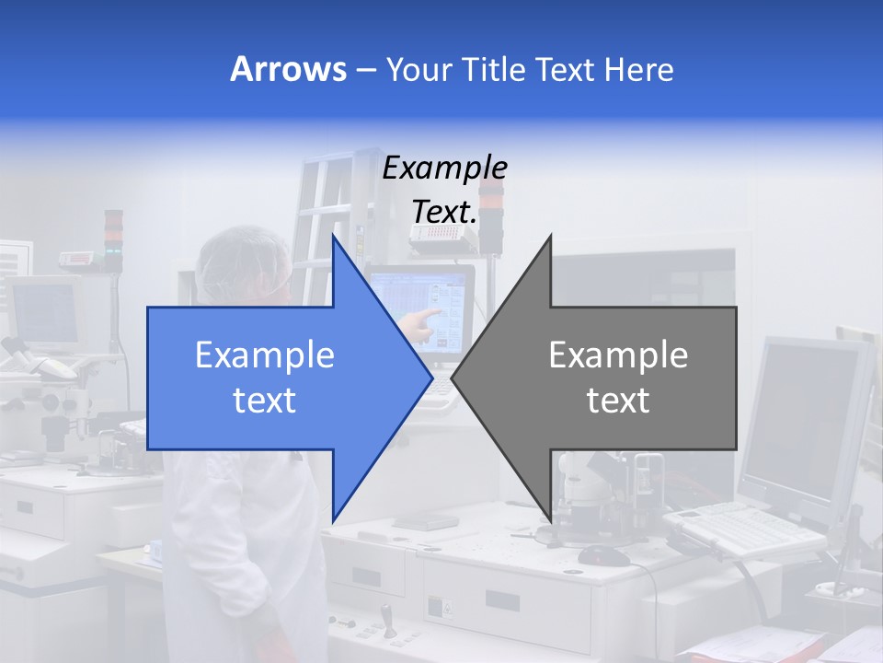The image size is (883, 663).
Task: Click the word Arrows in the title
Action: point(288,69)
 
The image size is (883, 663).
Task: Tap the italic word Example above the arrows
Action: point(444,169)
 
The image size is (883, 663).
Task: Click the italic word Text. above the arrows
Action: point(444,212)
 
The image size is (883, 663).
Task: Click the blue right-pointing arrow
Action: point(276,378)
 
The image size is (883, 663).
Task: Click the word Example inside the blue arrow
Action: point(265,355)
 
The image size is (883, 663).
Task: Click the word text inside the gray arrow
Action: point(618,401)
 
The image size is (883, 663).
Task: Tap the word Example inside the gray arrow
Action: point(618,355)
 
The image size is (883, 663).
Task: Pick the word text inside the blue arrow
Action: point(265,401)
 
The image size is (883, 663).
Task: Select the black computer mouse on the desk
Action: point(603,555)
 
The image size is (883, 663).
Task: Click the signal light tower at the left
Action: point(113,241)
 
